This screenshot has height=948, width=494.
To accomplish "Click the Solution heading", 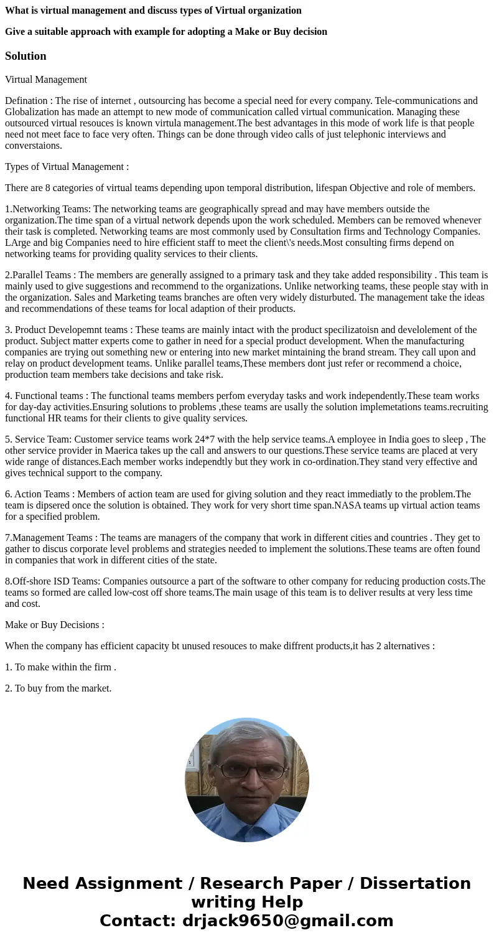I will pos(26,56).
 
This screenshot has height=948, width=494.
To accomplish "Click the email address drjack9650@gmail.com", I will pos(287,921).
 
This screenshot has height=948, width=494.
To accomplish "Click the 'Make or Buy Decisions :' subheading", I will pos(55,624).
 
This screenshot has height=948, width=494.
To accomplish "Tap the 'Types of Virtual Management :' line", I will pos(67,166).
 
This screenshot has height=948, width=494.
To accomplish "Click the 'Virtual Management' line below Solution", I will pos(46,79).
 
